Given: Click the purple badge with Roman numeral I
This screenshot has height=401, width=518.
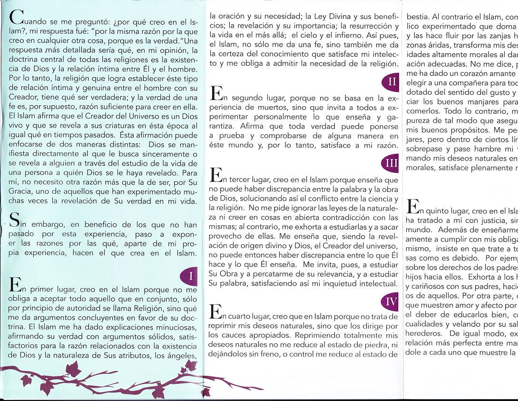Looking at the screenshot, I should [190, 275].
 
